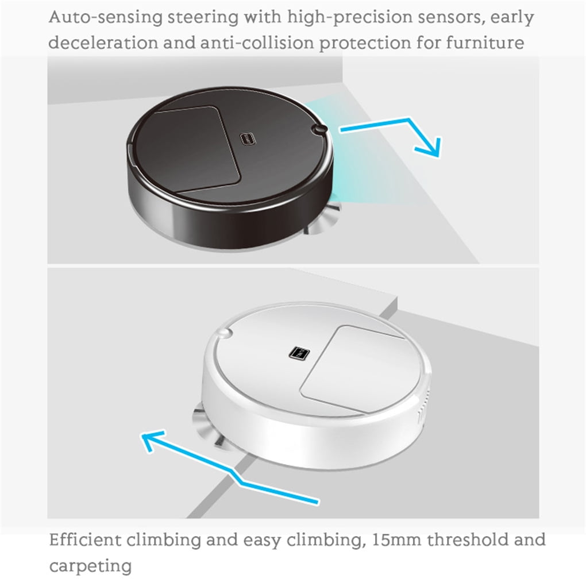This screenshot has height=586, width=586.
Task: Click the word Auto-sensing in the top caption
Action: coord(106,17)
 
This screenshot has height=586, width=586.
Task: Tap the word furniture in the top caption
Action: coord(485,43)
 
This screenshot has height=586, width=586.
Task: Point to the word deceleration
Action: coord(103,43)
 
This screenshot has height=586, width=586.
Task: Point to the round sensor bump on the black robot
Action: coord(319,129)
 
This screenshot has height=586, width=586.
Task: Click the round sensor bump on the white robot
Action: coord(224,333)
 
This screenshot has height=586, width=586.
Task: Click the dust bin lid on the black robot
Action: coord(196,149)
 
